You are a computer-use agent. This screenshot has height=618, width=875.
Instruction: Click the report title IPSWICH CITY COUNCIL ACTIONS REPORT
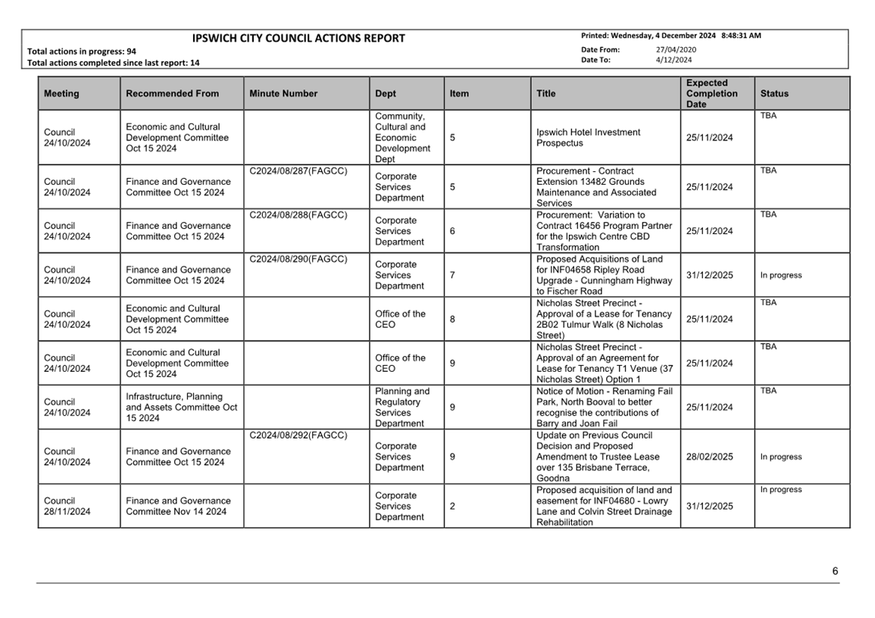[298, 39]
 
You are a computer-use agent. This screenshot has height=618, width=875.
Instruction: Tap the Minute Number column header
[283, 94]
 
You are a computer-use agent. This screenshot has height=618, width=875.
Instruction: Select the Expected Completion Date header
[711, 94]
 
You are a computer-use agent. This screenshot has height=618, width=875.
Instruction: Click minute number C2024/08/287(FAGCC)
[298, 171]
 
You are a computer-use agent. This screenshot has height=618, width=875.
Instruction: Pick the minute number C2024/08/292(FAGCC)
[298, 435]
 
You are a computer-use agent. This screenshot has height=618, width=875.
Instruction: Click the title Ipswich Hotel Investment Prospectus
[588, 138]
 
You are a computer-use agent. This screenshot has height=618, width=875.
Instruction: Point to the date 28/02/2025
[709, 457]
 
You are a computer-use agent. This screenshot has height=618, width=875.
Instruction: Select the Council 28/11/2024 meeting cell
[67, 506]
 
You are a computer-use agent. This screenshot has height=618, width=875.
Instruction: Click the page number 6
[835, 571]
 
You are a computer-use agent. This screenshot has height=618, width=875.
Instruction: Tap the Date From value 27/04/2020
[676, 50]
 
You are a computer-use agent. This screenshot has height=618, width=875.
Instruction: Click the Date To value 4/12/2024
[673, 60]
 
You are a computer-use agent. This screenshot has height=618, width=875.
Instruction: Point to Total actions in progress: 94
[82, 51]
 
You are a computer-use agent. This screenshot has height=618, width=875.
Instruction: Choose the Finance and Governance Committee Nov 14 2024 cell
[178, 506]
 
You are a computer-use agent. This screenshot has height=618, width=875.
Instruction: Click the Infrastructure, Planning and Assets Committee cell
[181, 407]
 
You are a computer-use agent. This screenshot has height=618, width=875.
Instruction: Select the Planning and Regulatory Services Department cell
[402, 407]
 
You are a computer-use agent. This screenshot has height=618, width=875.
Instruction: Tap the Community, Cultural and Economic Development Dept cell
[402, 138]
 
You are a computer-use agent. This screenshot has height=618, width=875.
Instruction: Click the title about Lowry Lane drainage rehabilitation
[604, 506]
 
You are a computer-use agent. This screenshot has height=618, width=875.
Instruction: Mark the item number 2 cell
[452, 506]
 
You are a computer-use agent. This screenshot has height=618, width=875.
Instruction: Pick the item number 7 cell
[452, 275]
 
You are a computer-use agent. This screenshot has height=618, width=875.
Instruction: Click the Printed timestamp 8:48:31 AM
[741, 36]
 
